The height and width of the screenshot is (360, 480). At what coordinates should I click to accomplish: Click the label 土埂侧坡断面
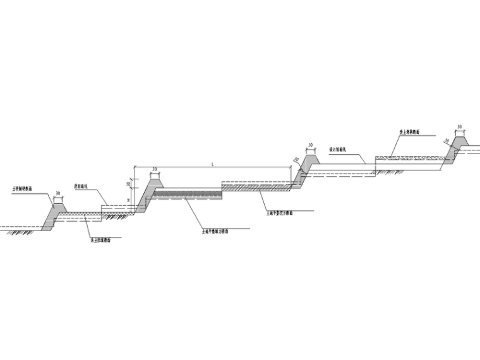coord(22,188)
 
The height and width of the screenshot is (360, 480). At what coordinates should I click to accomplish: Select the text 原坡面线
coord(81,187)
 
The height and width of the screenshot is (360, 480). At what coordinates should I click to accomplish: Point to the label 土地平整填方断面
coord(215,232)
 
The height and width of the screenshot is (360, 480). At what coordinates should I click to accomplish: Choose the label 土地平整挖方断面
coord(279,213)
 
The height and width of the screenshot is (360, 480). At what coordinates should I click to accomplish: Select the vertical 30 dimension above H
coord(129,184)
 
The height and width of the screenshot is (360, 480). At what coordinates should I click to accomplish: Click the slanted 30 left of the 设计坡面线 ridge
coord(296,160)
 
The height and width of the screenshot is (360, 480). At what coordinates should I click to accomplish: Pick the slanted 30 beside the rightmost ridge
coord(446,141)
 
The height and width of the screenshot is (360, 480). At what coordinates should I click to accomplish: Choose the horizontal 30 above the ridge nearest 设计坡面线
coord(310,145)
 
